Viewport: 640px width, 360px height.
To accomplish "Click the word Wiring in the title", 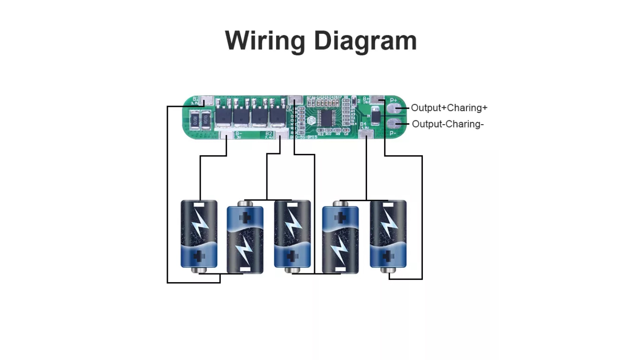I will [265, 41].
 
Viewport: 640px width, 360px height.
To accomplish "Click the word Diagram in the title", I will [365, 41].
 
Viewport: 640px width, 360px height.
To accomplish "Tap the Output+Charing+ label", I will [449, 108].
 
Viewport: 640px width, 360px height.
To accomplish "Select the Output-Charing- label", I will [448, 124].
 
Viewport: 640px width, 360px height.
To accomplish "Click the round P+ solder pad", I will [394, 109].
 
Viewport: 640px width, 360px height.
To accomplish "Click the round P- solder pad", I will [394, 124].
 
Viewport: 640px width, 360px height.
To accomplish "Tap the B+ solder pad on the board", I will [377, 100].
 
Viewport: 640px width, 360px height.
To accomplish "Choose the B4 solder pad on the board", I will [366, 135].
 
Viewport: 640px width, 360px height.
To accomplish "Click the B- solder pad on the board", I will [227, 135].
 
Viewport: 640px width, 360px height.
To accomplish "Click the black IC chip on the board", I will [327, 119].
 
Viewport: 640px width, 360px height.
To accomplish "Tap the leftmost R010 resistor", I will [194, 120].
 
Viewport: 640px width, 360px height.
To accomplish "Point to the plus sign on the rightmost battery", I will [388, 256].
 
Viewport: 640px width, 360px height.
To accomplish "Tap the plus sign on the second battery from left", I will [245, 218].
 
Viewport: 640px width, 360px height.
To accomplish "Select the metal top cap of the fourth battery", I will [340, 204].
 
